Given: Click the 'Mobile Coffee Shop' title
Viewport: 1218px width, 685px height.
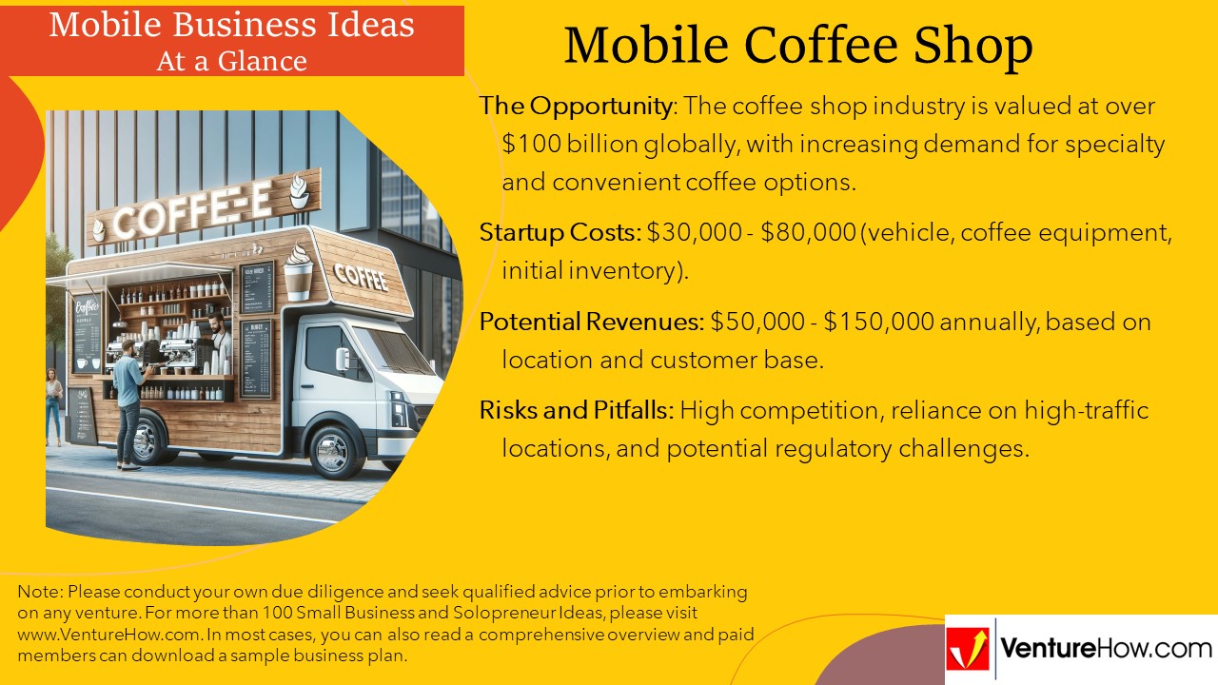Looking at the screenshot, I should coord(797,45).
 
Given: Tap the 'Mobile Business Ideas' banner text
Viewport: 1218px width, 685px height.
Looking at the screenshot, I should coord(231,24).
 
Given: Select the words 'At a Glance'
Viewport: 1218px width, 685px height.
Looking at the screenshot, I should coord(231,61).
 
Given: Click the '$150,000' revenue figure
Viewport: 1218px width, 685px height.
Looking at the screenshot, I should coord(879,322).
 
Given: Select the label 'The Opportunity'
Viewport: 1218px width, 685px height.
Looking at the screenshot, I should coord(576,106).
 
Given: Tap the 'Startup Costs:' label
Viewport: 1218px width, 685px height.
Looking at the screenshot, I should coord(560,233).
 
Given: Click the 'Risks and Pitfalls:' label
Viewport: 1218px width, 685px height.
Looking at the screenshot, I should coord(577,410).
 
